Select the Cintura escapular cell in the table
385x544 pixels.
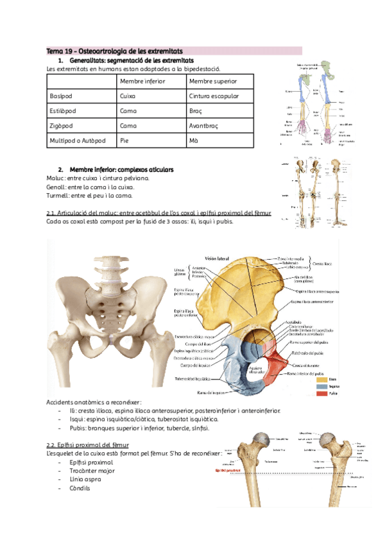click(214, 96)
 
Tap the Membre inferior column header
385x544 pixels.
click(142, 81)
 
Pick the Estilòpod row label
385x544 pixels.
click(63, 110)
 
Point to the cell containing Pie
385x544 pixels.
click(124, 140)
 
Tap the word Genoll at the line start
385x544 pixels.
click(56, 187)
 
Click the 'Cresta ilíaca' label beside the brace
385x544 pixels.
click(324, 264)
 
